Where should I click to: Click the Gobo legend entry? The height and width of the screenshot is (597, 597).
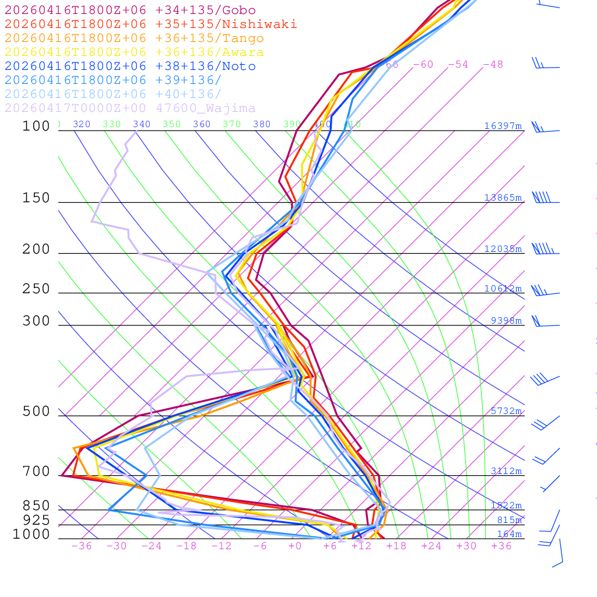point(130,10)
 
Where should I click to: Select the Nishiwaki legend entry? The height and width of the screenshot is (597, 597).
point(150,24)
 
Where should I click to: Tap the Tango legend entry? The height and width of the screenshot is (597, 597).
point(134,38)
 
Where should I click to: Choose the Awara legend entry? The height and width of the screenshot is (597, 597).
point(134,52)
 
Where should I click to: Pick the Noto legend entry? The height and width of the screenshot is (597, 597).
point(130,66)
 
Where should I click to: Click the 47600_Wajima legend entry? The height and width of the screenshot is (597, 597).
point(130,108)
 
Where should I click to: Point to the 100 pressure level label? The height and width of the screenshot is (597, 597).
point(36,126)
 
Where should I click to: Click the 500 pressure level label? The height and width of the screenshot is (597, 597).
point(36,412)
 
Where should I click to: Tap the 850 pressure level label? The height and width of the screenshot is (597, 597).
point(36,506)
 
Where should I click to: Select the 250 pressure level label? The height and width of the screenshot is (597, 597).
point(36,289)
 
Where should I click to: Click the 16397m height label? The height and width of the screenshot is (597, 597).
point(503,126)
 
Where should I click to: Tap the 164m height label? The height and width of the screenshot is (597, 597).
point(510,534)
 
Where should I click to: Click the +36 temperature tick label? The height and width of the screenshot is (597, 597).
point(501,546)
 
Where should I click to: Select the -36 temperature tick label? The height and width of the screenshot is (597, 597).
point(82,546)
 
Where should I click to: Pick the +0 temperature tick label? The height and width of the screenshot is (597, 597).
point(295,546)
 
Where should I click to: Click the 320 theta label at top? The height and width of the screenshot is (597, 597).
point(82,124)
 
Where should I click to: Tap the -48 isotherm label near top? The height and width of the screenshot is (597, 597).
point(493,64)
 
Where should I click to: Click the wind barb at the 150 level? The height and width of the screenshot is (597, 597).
point(542,198)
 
